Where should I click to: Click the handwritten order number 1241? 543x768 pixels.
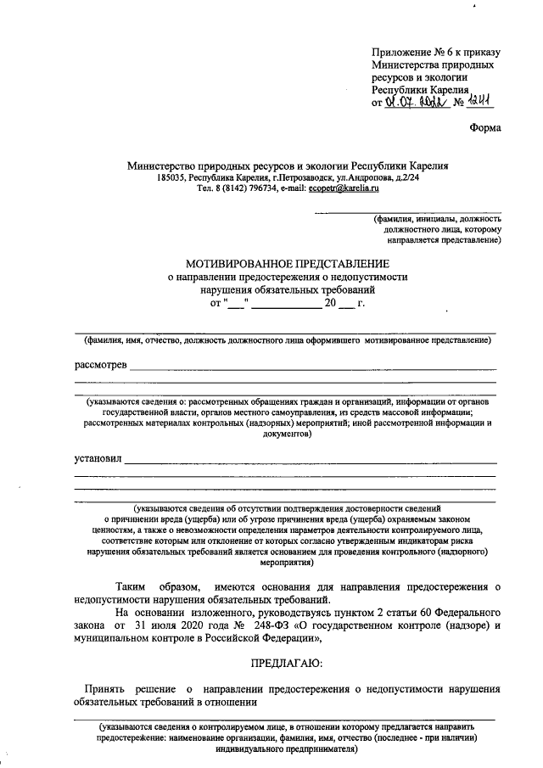tap(479, 102)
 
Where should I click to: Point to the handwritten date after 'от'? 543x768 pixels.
tap(416, 102)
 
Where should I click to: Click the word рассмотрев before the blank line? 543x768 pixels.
tap(101, 365)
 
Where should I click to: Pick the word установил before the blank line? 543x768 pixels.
tap(98, 459)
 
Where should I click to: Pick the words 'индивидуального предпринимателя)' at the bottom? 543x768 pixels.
tap(286, 749)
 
